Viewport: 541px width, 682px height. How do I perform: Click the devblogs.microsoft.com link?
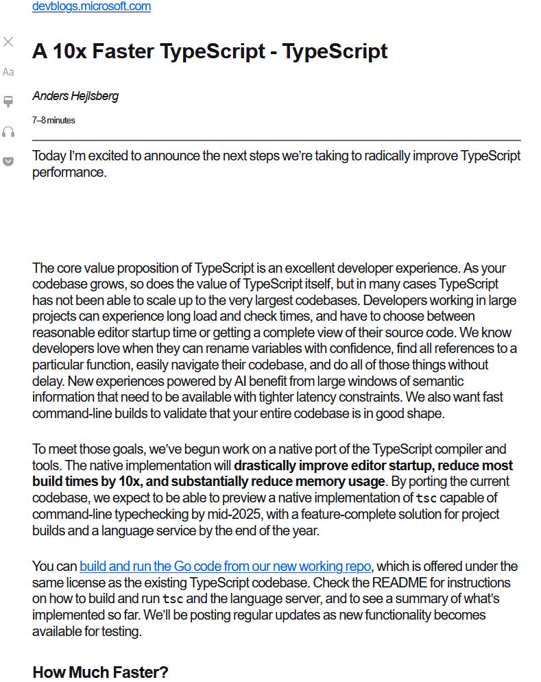tap(91, 7)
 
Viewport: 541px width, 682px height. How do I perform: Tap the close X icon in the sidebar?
tap(8, 42)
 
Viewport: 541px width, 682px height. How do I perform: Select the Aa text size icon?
tap(8, 72)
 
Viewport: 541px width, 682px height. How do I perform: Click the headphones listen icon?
tap(8, 132)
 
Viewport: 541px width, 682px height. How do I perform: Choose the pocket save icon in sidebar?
tap(8, 161)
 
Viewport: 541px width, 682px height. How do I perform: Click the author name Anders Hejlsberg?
tap(75, 96)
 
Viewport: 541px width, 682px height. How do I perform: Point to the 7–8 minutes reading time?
tap(53, 120)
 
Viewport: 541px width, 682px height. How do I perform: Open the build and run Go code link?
tap(225, 566)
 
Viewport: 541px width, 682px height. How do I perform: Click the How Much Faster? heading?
tap(100, 672)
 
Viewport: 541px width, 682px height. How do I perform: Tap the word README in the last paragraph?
tap(352, 583)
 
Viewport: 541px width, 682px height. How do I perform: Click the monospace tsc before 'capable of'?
tap(425, 498)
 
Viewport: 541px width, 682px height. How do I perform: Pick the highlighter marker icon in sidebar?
tap(8, 101)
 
